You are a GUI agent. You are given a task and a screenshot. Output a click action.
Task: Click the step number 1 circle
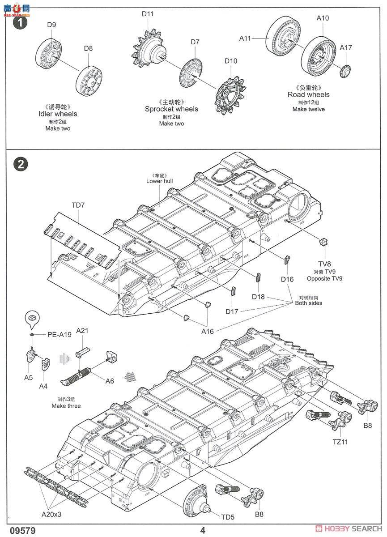click(21, 23)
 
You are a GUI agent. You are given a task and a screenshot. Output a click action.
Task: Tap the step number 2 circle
click(21, 165)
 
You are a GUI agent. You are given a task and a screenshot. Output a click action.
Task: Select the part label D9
click(51, 25)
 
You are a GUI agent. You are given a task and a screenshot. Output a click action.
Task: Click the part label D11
click(147, 14)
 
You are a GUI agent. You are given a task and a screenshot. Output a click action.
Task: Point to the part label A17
click(345, 48)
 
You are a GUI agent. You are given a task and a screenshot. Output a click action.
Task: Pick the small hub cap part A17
click(345, 71)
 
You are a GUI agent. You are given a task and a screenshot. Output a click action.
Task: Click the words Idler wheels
click(58, 114)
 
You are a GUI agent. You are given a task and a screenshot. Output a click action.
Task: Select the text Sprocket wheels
click(171, 109)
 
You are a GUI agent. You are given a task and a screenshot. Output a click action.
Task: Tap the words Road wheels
click(308, 94)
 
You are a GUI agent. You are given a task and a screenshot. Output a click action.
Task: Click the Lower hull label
click(160, 181)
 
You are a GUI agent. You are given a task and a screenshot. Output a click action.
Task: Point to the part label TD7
click(78, 205)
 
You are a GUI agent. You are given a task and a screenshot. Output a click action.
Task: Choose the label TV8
click(324, 264)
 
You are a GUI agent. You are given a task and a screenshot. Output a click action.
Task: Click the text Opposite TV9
click(324, 278)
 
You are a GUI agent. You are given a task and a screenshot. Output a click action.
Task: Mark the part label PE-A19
click(60, 334)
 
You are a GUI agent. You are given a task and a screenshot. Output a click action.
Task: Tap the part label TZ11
click(340, 442)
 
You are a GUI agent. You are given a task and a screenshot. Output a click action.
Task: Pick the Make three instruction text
click(66, 406)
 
